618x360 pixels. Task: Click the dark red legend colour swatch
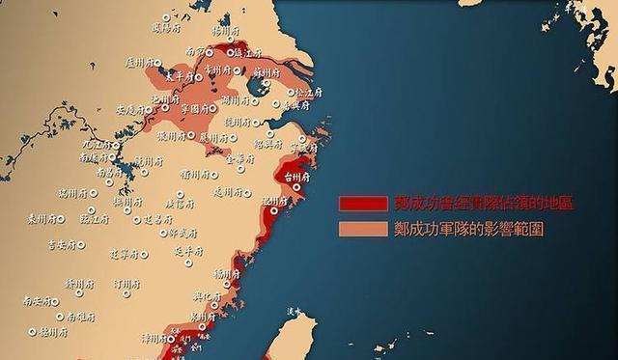(362, 204)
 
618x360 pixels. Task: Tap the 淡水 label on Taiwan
(295, 311)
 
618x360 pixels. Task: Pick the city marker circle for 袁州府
(59, 219)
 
